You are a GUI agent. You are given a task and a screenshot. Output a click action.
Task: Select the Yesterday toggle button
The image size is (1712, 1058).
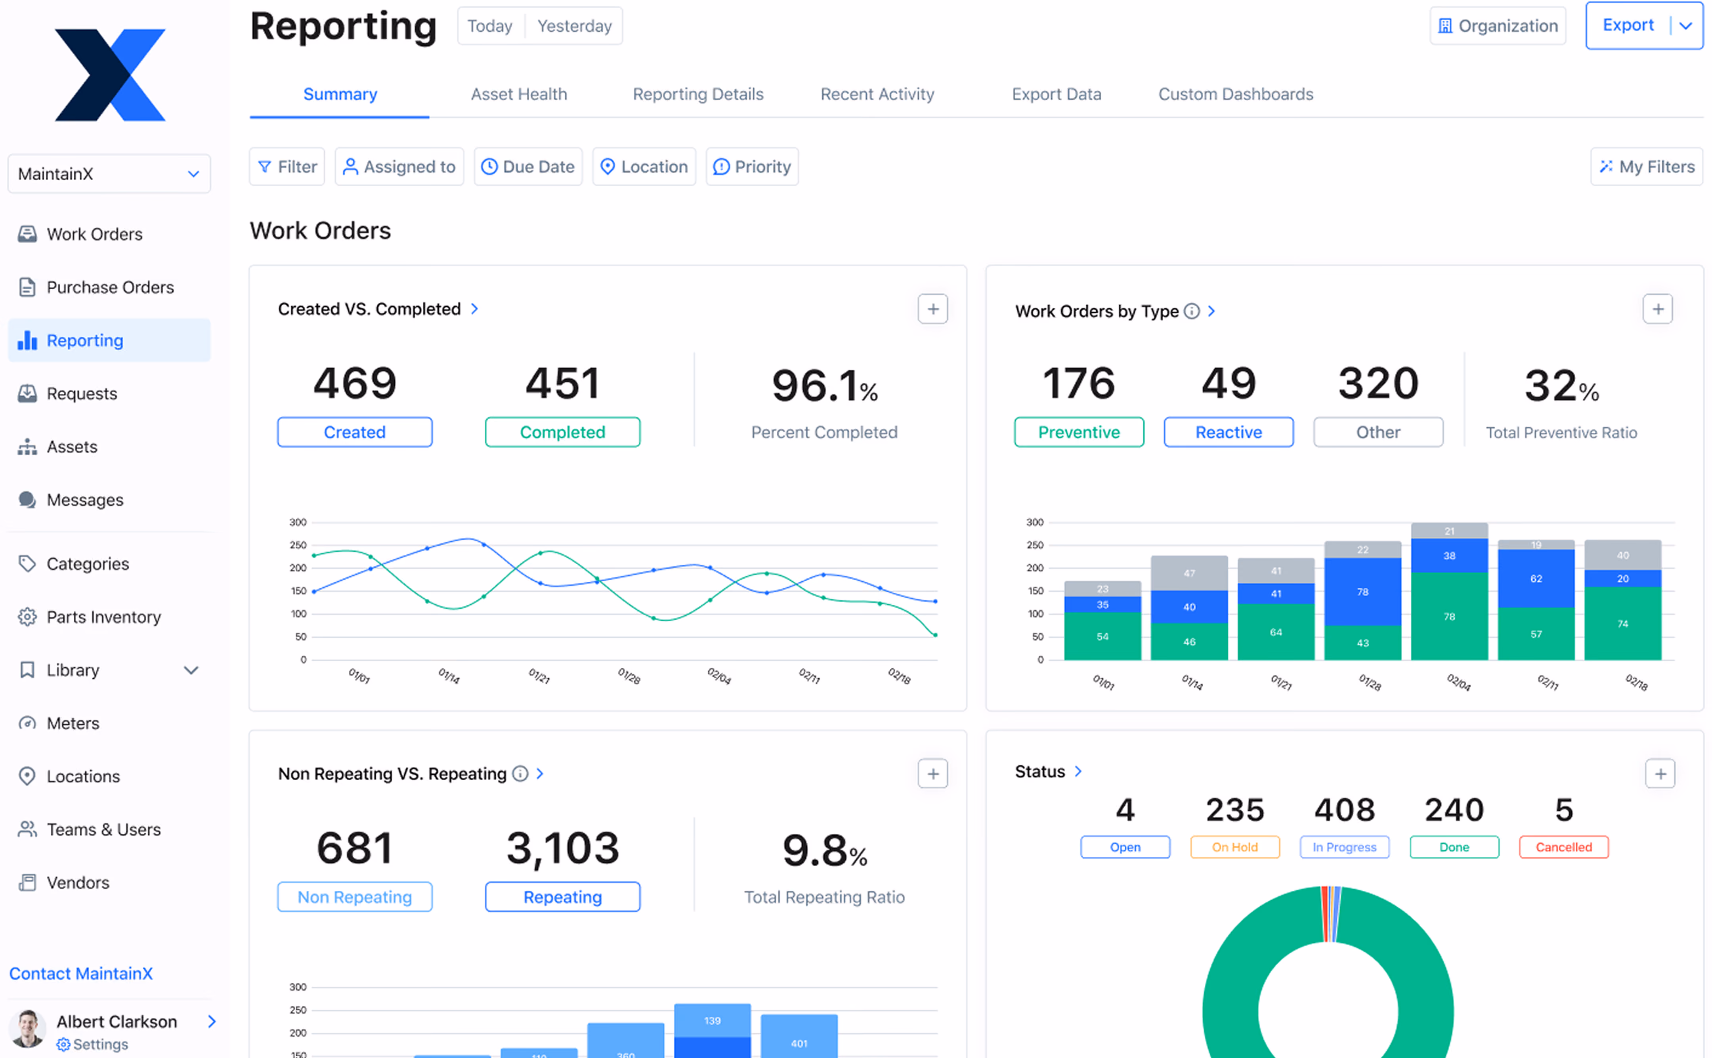[x=574, y=26]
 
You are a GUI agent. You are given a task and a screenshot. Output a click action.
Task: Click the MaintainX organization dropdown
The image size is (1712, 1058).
[x=109, y=174]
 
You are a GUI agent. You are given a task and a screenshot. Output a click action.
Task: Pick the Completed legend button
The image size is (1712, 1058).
[x=562, y=432]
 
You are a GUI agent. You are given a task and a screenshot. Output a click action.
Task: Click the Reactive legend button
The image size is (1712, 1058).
[x=1229, y=432]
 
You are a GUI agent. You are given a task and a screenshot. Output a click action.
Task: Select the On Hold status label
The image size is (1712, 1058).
[x=1235, y=847]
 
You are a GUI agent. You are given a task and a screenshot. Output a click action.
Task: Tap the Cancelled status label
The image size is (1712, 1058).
[x=1564, y=847]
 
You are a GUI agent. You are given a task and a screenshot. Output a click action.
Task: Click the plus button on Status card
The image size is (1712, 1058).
[x=1660, y=773]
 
